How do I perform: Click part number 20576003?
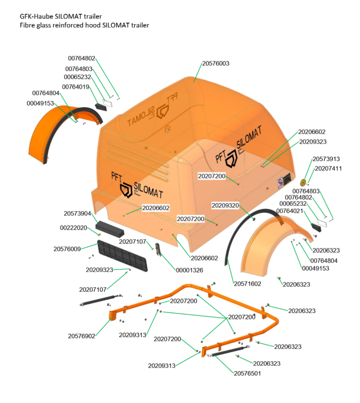click(x=216, y=63)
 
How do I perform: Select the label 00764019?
click(x=76, y=87)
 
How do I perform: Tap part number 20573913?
click(x=326, y=159)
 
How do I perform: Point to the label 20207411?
click(x=329, y=168)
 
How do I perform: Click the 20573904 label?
click(x=77, y=213)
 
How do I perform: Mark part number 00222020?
click(x=74, y=228)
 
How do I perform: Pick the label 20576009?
click(x=67, y=249)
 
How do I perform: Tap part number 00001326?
click(x=189, y=271)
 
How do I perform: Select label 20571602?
click(x=247, y=284)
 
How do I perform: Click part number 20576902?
click(x=82, y=336)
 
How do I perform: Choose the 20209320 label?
click(x=225, y=206)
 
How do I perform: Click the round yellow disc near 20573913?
click(x=304, y=181)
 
